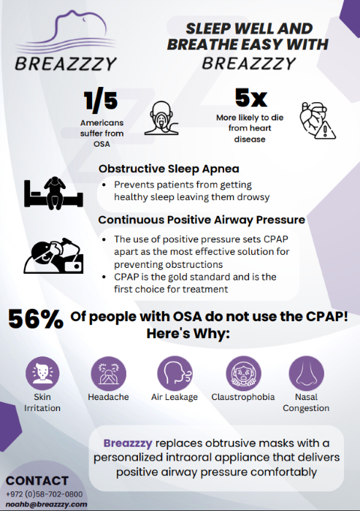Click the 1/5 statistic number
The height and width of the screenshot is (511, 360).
[101, 100]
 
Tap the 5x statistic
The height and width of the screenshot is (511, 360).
[251, 97]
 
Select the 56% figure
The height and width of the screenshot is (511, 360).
[36, 319]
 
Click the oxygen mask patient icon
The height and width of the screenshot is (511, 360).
[161, 118]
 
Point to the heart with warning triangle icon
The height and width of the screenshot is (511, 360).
[318, 121]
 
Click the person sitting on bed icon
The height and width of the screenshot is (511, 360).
[53, 193]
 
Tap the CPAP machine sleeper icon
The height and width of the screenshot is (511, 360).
[53, 255]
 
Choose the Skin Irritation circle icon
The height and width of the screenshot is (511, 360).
[42, 373]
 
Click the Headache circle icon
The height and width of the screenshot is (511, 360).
[108, 373]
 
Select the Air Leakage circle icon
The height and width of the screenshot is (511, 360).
[175, 373]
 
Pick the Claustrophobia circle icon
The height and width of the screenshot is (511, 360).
[243, 373]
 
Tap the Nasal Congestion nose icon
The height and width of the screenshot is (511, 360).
[306, 373]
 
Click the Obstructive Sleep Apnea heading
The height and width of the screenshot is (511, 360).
[169, 169]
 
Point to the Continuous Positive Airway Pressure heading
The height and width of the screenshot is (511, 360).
[202, 220]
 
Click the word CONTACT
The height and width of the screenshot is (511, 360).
[37, 481]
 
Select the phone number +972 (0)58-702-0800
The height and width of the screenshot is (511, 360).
[45, 494]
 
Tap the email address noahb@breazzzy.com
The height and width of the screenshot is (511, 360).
[46, 504]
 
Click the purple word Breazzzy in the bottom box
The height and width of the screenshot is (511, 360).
[128, 443]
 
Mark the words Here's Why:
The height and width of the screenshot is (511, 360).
[188, 334]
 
